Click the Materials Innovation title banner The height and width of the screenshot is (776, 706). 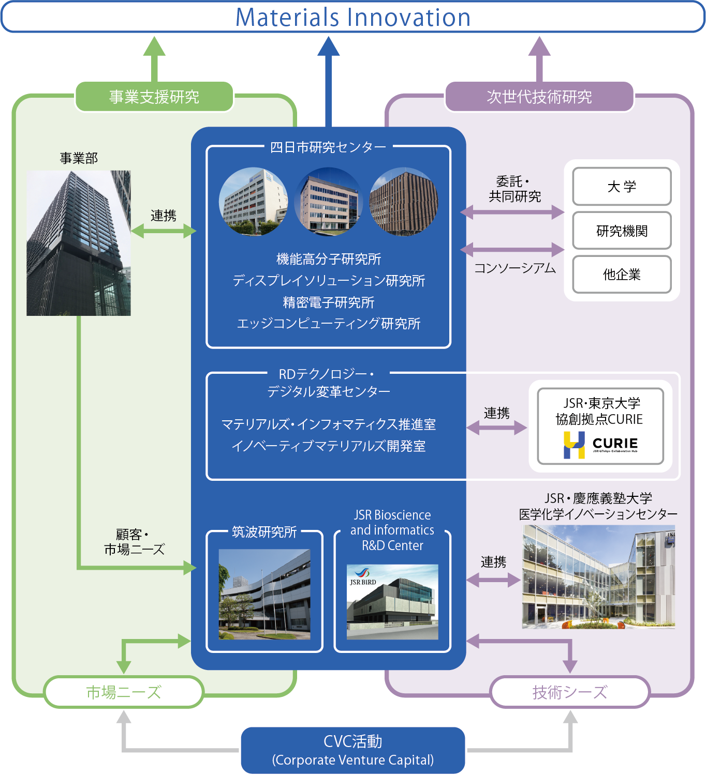[x=353, y=17]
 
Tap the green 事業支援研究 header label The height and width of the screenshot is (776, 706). [x=154, y=97]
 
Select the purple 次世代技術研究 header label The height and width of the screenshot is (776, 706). [x=539, y=97]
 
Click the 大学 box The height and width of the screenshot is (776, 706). [x=622, y=187]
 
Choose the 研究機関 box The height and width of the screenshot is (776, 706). [x=622, y=231]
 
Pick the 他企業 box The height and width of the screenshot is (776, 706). [x=622, y=275]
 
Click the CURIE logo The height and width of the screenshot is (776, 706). [x=600, y=445]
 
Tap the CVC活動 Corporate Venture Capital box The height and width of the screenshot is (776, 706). [x=353, y=750]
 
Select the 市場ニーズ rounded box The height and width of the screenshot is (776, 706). [x=124, y=692]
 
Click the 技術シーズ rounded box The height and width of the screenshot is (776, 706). [x=570, y=692]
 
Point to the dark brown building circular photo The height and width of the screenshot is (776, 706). [x=404, y=202]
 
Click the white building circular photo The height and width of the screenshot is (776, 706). [x=253, y=202]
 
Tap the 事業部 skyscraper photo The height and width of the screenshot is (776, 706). [x=79, y=243]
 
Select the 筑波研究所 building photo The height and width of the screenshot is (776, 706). [x=264, y=594]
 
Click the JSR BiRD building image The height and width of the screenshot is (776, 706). [x=392, y=602]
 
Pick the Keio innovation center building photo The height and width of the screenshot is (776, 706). [x=598, y=576]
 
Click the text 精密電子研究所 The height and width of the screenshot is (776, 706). [x=328, y=302]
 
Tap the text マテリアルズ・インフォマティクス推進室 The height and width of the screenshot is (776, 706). [x=328, y=424]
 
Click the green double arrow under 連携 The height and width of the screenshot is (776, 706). [x=164, y=231]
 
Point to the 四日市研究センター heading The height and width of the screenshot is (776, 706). [x=328, y=147]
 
